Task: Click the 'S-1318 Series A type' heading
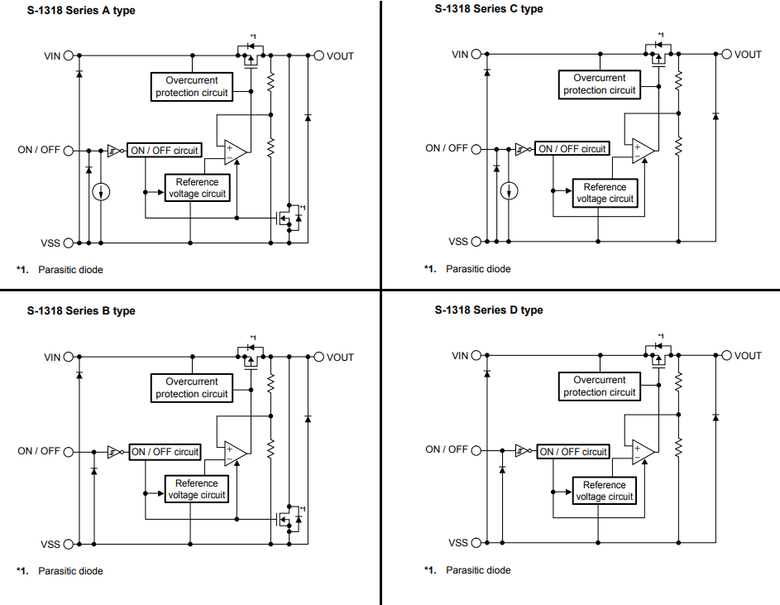tap(81, 11)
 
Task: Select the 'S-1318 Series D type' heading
tap(489, 310)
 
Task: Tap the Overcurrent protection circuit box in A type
tap(191, 87)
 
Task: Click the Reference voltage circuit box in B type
tap(197, 489)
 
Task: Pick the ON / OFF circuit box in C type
tap(572, 149)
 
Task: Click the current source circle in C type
tap(510, 191)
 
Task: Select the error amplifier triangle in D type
tap(643, 452)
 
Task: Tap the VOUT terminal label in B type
tap(340, 358)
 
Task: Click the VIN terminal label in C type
tap(460, 55)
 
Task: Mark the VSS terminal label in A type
tap(51, 243)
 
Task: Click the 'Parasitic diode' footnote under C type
tap(478, 269)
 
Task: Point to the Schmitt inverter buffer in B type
tap(112, 452)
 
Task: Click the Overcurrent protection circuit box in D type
tap(600, 386)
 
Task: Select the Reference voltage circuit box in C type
tap(605, 193)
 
